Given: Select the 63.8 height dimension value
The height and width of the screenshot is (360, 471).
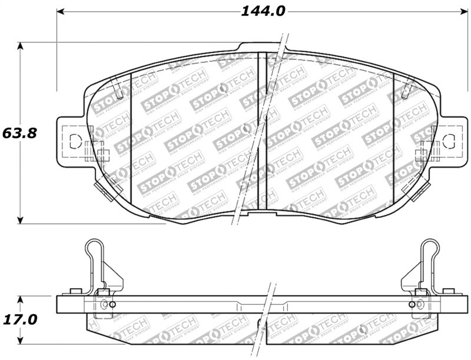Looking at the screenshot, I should (x=19, y=133).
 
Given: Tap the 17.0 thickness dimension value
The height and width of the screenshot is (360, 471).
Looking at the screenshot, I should (x=19, y=320).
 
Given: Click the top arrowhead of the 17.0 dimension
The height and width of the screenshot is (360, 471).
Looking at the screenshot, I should (x=21, y=299).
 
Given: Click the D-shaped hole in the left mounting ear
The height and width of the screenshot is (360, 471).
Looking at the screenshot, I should (x=75, y=141).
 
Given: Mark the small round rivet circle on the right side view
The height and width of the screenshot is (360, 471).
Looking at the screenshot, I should (x=411, y=304).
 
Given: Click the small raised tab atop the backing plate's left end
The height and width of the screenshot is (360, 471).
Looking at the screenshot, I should (x=75, y=291).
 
